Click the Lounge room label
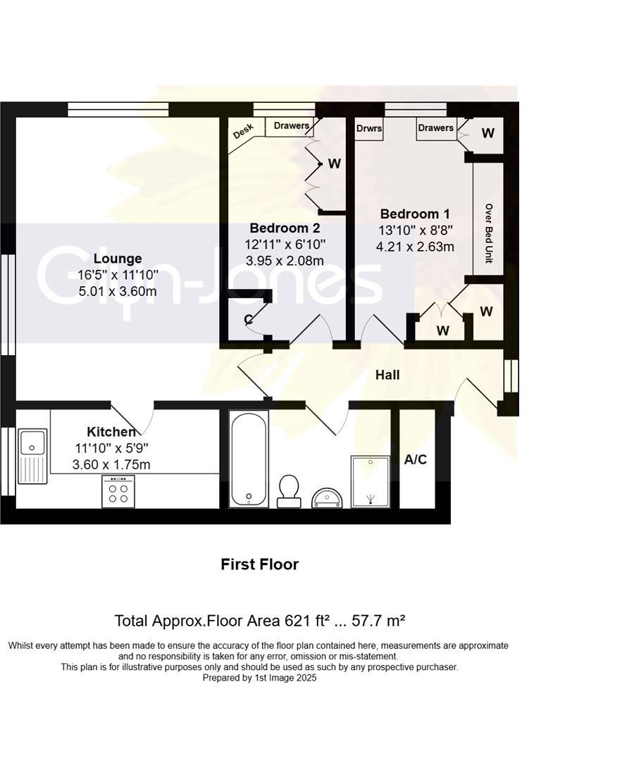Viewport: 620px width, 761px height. click(x=118, y=259)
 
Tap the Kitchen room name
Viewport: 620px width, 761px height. click(x=111, y=432)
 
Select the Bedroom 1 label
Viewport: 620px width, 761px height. click(x=414, y=214)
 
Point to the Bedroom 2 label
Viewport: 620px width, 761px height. click(x=285, y=228)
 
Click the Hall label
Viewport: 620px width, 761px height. click(x=387, y=375)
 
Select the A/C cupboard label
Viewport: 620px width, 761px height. click(x=415, y=459)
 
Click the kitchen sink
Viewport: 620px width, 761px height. click(x=32, y=454)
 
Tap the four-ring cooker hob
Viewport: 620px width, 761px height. click(x=118, y=491)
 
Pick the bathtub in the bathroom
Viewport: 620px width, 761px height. click(x=248, y=459)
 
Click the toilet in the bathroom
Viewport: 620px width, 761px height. click(x=289, y=490)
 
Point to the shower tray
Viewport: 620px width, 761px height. click(x=370, y=481)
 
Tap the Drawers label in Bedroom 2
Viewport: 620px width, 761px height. click(x=292, y=126)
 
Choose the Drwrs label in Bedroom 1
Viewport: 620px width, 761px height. click(x=369, y=129)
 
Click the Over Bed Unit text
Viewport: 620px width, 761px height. click(x=488, y=234)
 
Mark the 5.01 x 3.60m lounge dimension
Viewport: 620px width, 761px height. click(x=118, y=291)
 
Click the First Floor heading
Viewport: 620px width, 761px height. click(x=259, y=564)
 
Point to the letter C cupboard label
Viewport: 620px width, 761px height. click(x=248, y=320)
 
